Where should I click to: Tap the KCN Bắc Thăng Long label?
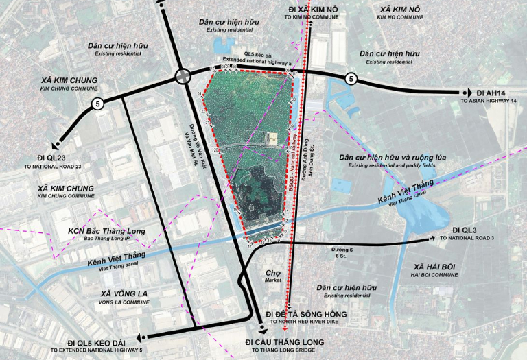coord(106,231)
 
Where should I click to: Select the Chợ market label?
coord(274,272)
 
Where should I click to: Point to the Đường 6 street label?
coord(342,250)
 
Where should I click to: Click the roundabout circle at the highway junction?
coord(183,77)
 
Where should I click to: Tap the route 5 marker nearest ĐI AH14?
coord(351,78)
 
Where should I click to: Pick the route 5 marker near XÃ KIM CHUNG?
coord(97,104)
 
